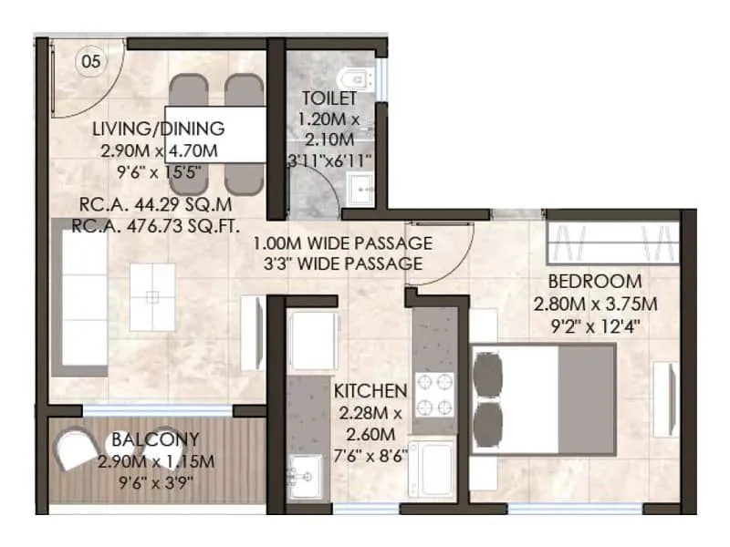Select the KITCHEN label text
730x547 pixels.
pos(370,391)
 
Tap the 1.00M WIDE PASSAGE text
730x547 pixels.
pos(342,244)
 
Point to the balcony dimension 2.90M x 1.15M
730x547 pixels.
pos(156,462)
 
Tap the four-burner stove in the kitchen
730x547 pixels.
pos(434,394)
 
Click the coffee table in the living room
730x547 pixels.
pos(151,297)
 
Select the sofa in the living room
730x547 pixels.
pos(71,297)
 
